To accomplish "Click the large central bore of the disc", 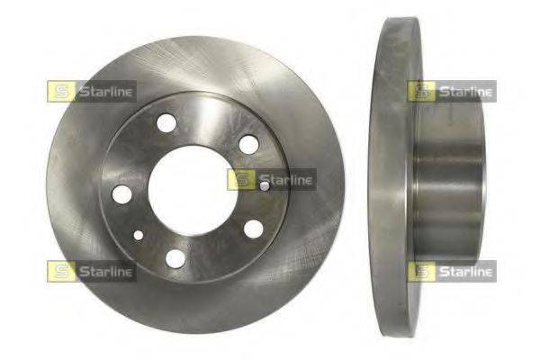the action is tap(193, 191).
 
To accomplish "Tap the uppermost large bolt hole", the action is tap(166, 123).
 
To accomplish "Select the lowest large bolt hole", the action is tap(175, 258).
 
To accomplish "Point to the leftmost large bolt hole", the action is tap(122, 194).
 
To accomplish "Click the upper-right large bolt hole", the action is tap(248, 144).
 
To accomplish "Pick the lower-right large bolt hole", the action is tap(254, 229).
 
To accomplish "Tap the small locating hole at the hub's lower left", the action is tap(139, 235).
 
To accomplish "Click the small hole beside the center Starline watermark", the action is tap(265, 186).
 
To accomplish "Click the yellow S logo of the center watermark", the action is tap(241, 179).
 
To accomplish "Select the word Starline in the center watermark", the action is tap(286, 180).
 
